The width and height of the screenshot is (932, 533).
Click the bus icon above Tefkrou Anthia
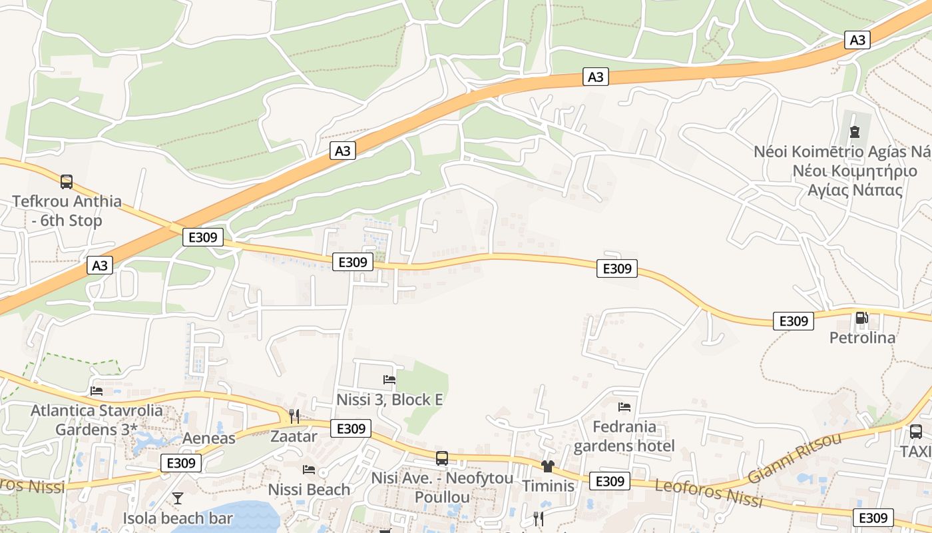point(67,181)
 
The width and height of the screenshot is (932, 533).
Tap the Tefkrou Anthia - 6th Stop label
point(67,211)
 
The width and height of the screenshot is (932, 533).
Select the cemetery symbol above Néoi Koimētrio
point(855,132)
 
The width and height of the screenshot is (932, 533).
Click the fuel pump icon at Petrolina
point(861,318)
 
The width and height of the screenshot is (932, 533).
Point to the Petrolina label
point(862,338)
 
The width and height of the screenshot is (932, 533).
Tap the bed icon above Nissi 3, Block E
point(389,380)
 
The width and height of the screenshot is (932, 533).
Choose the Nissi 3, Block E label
point(389,400)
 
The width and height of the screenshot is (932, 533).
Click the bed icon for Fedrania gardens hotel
point(624,406)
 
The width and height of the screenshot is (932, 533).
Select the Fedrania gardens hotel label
point(624,436)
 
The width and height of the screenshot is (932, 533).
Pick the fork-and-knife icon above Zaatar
point(294,416)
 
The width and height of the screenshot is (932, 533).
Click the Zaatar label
point(294,436)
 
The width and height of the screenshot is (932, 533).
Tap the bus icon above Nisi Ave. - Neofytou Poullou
point(442,458)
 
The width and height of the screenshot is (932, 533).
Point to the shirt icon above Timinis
point(548,466)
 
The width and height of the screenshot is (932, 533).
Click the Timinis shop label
point(548,486)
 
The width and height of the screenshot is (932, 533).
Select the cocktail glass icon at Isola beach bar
point(178,498)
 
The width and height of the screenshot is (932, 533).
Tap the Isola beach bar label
point(178,518)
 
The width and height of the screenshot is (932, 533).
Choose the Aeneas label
point(209,438)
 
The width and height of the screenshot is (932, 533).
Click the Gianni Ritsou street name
point(794,458)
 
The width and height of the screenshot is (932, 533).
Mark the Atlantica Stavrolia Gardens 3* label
point(97,420)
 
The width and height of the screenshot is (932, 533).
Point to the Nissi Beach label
point(309,490)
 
